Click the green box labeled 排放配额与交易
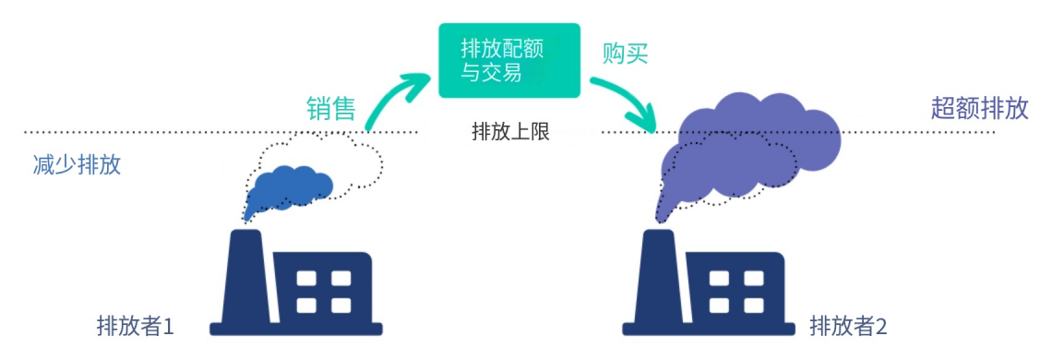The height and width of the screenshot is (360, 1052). coord(508,61)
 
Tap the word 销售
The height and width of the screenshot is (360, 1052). coord(331,109)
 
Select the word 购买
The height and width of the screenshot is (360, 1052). coord(626,54)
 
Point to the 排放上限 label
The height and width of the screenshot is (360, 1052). coord(510,132)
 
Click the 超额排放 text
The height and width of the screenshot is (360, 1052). coord(979,109)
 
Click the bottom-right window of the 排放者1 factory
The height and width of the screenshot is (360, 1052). coord(341,305)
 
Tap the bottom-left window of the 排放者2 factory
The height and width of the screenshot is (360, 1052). coord(718,305)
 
